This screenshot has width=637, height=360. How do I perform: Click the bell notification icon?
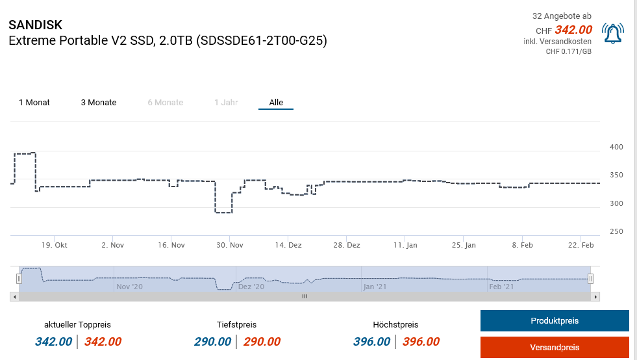(x=612, y=34)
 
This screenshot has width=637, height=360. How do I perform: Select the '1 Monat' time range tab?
(x=34, y=103)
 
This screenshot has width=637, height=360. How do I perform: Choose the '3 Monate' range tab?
(x=99, y=103)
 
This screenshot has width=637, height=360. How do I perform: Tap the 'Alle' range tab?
(x=276, y=103)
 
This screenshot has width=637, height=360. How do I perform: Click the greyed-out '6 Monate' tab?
(x=165, y=103)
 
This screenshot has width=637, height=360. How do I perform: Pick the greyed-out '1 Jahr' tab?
(x=226, y=103)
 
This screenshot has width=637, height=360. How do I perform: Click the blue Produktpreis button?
(x=555, y=321)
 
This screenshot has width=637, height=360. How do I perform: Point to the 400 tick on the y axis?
(x=616, y=148)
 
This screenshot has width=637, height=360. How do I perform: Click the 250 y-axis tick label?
(x=616, y=232)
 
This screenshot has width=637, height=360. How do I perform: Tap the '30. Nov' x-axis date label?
(x=230, y=246)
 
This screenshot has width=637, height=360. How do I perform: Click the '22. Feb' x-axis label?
(x=581, y=246)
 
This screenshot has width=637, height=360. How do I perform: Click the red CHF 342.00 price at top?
(x=573, y=30)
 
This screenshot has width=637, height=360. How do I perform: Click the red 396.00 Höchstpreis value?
(x=421, y=342)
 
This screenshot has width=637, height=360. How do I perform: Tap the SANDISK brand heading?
(x=36, y=25)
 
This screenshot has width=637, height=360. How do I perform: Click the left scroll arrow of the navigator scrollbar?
(x=14, y=296)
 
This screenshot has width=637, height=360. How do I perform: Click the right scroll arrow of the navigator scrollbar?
(x=596, y=296)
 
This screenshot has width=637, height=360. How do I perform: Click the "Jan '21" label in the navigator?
(x=375, y=287)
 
